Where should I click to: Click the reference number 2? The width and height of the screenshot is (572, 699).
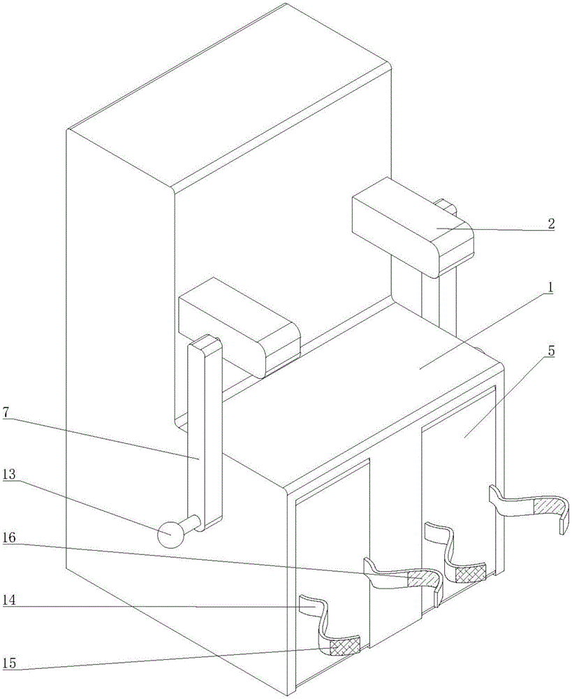[x=550, y=224]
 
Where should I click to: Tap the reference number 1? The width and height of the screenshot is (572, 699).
[x=550, y=287]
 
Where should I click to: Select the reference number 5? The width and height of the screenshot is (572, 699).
[x=551, y=350]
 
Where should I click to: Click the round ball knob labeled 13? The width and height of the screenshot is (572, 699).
[x=169, y=535]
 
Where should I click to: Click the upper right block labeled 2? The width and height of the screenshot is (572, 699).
[x=412, y=224]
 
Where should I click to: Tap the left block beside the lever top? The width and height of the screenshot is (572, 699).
[x=237, y=325]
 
